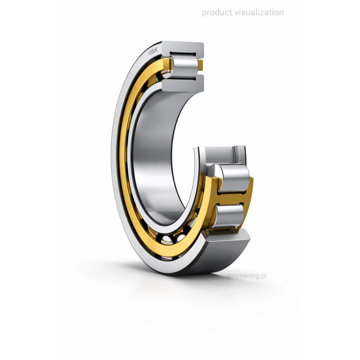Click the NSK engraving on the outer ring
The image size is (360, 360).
pos(153,52)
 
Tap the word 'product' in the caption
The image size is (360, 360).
pos(217,13)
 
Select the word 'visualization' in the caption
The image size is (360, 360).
pos(259,13)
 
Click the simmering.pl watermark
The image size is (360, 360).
pos(246,275)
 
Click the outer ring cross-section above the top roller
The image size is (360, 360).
pos(183,49)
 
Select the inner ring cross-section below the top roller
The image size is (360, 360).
pos(183,83)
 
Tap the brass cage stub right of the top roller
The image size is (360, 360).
pos(200,65)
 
